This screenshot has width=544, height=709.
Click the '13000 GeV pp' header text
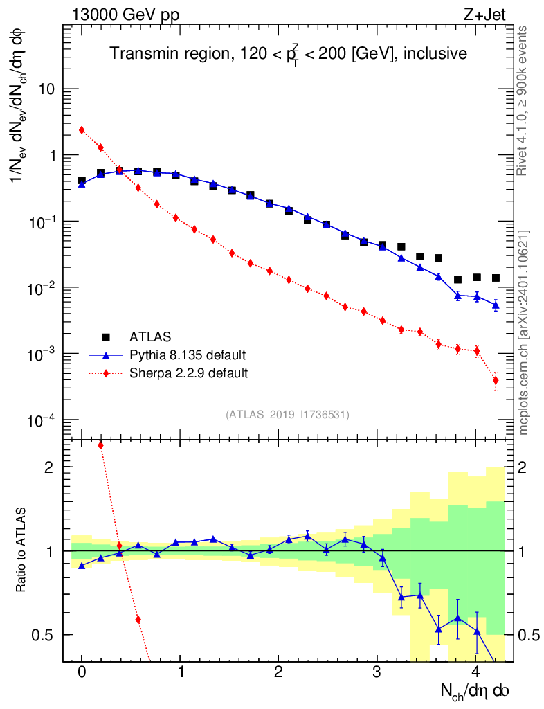pos(125,15)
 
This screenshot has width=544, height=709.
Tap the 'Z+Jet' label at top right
pos(484,15)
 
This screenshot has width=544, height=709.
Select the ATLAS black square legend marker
pos(106,337)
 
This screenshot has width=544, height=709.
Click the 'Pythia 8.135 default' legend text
pos(188,355)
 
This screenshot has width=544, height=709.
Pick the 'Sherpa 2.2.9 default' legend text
pos(188,373)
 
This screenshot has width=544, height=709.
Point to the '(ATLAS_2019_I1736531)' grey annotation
pos(287,415)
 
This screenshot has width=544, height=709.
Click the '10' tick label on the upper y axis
pos(46,89)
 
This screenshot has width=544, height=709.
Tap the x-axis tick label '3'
pos(377,671)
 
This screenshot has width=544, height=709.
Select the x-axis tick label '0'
pos(82,671)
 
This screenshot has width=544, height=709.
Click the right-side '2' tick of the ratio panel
pos(523,467)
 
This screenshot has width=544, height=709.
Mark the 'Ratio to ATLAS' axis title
pos(20,550)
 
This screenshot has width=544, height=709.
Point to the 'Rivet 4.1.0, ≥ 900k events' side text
pos(522,100)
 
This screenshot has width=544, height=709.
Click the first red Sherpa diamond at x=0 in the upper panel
pos(82,130)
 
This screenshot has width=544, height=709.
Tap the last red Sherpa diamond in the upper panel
pos(496,380)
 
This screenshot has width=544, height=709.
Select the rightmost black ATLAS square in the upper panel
pos(496,278)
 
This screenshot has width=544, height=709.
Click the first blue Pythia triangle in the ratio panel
pos(82,566)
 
